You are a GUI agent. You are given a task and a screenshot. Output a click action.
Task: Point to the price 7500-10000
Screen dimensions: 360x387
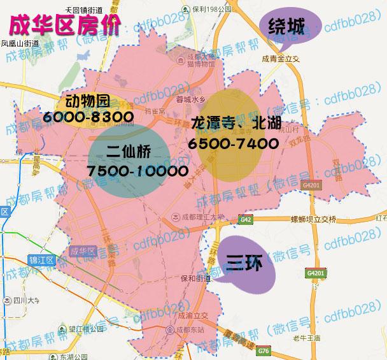tap(138, 171)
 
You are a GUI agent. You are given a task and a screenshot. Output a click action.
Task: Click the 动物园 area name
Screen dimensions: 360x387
tap(88, 101)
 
